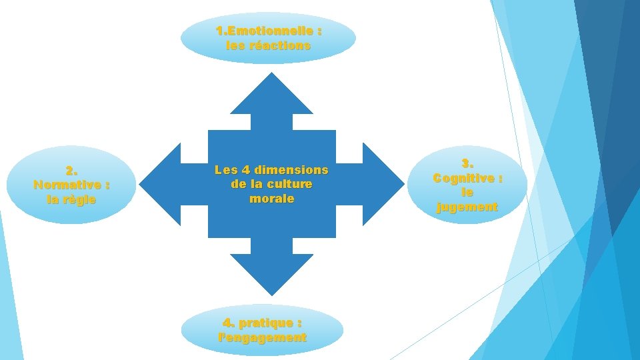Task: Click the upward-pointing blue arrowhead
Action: pos(271,97)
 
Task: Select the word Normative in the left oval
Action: pos(63,185)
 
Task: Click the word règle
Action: pos(80,199)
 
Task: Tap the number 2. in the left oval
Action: pos(71,170)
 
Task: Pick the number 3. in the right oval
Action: pos(467,163)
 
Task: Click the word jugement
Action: pos(467,207)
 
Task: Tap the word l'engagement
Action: pos(262,337)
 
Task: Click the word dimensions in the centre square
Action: pos(292,170)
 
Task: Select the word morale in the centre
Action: pos(271,199)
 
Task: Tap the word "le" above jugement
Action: pos(467,193)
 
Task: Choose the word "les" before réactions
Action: pos(235,46)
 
